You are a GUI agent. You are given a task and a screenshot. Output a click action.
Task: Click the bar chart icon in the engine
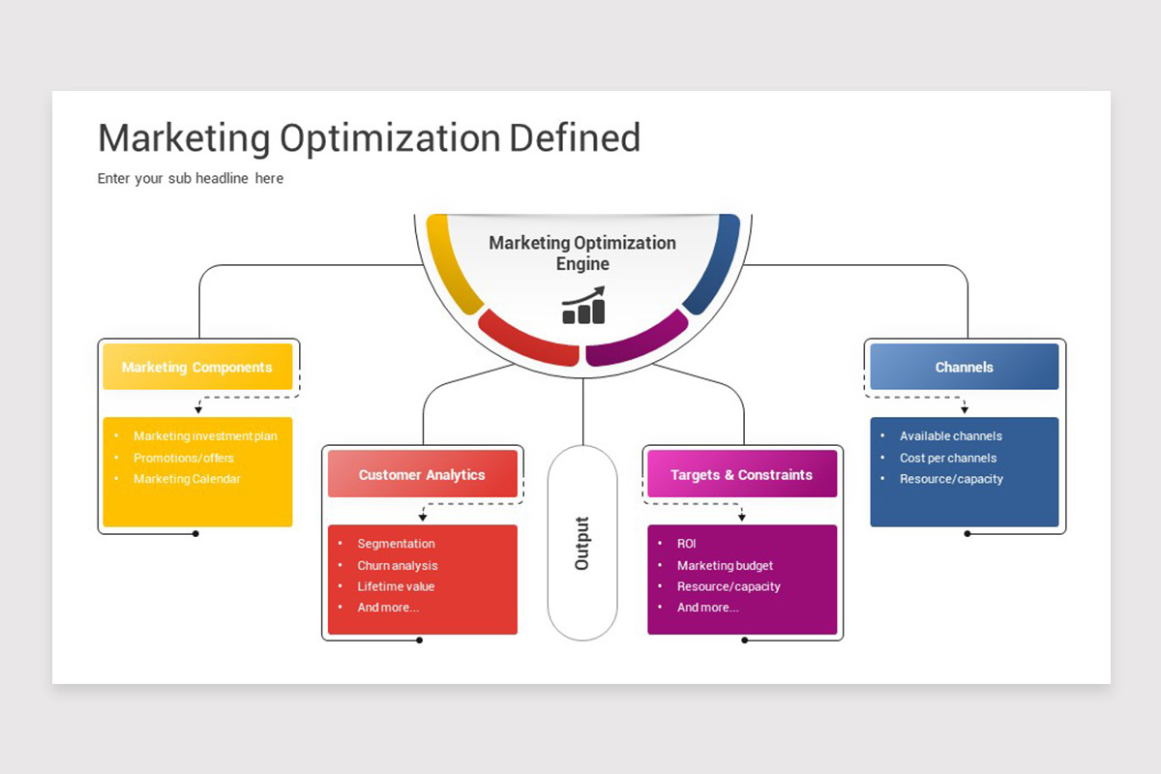point(583,306)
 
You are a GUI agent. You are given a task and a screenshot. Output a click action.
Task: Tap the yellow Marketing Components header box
point(197,367)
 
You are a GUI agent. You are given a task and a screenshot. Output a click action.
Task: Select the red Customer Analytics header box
point(423,474)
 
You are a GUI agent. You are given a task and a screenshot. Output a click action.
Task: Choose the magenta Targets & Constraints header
point(742,474)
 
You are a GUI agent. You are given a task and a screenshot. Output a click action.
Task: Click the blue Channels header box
point(964,367)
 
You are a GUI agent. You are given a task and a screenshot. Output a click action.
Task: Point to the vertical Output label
point(582,544)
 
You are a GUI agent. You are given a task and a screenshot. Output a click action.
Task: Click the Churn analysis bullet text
point(398,565)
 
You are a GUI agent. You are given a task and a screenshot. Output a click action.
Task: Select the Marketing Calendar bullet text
point(187,479)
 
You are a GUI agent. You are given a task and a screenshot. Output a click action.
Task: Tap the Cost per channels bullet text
point(948,458)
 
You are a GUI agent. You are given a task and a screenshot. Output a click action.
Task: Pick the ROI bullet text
point(686,544)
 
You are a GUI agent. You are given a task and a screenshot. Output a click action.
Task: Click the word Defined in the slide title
point(575,138)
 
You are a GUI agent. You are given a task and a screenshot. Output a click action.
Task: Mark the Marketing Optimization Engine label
point(582,253)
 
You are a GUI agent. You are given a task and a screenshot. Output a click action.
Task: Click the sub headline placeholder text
point(191,178)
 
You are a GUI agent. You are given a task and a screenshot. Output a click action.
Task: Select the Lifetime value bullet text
point(396,586)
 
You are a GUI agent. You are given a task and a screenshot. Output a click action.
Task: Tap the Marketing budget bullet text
point(725,565)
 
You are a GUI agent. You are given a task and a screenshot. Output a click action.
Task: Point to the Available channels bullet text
point(950,436)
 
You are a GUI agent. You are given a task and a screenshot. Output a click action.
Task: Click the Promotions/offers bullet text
point(184,458)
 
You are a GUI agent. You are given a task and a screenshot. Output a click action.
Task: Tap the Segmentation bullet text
point(396,544)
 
